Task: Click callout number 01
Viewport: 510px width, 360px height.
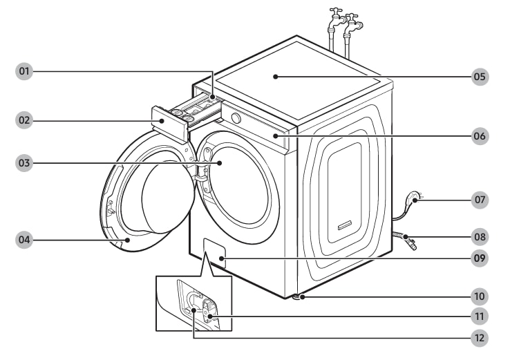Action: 25,72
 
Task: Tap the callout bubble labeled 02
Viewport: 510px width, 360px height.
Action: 25,120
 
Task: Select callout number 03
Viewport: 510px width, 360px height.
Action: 25,163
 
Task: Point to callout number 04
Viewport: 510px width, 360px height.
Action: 25,240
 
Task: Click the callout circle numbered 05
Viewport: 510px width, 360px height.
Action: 480,77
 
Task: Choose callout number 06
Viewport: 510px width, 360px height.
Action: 480,136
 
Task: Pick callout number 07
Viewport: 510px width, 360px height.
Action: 480,200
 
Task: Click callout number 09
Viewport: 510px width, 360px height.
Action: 480,259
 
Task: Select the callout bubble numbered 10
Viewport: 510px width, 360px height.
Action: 480,296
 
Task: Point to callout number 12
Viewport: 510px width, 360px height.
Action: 480,338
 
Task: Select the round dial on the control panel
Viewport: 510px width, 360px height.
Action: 236,118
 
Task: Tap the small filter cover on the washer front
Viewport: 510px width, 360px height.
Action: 215,254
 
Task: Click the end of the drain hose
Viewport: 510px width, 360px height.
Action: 412,244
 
